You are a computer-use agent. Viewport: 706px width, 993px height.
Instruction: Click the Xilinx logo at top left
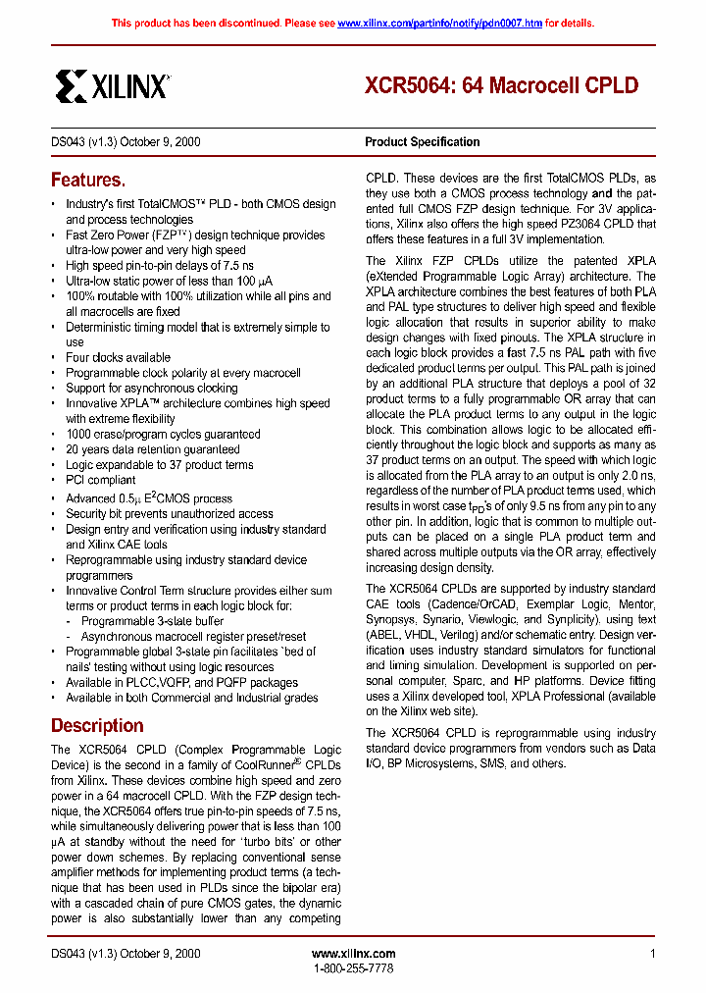(112, 86)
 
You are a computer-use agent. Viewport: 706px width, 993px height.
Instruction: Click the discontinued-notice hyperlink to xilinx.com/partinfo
(439, 23)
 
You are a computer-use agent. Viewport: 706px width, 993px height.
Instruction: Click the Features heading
(88, 181)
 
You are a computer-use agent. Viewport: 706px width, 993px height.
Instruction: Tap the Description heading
(97, 726)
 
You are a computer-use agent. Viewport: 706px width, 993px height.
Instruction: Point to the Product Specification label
(423, 142)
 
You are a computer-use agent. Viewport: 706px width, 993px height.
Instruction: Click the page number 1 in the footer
(652, 954)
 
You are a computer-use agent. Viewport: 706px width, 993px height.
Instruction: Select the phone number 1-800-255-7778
(353, 968)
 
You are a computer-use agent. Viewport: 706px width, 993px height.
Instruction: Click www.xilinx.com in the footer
(353, 954)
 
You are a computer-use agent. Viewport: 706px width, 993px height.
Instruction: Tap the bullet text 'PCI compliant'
(100, 480)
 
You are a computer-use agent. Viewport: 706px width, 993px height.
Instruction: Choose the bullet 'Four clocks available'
(118, 358)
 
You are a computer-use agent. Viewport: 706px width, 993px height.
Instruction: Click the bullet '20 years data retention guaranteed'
(152, 449)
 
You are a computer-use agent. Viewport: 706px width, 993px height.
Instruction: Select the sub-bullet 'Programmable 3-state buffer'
(152, 621)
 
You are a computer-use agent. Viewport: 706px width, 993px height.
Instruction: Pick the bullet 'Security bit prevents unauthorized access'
(169, 513)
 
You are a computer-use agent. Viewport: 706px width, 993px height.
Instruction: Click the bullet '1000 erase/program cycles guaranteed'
(163, 435)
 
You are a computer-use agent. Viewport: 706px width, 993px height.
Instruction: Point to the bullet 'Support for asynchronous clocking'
(151, 389)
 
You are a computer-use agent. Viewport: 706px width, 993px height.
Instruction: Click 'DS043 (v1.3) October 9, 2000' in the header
(126, 142)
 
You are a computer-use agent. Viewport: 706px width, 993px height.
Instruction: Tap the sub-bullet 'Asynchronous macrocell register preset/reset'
(193, 636)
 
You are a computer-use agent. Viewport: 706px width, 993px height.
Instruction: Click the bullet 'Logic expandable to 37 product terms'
(159, 465)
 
